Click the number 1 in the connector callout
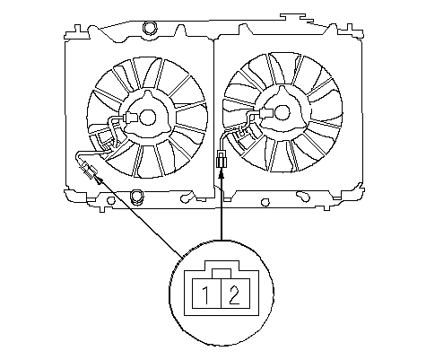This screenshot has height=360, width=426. [206, 295]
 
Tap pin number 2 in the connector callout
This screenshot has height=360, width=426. [234, 295]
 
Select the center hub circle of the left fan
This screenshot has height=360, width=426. [147, 117]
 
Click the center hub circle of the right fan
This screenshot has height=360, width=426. [282, 113]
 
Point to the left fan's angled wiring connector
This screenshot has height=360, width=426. [90, 171]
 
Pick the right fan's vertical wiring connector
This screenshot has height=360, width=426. [221, 160]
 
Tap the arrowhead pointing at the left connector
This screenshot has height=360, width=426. [100, 180]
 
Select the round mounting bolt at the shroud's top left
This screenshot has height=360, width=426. [150, 28]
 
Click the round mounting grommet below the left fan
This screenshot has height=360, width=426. [137, 197]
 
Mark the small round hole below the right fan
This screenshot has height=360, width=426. [265, 203]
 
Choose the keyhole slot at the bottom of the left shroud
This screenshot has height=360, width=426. [186, 198]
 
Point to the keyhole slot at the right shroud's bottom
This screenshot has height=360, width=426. [303, 197]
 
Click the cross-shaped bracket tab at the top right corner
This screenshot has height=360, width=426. [350, 31]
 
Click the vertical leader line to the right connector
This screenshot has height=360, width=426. [222, 209]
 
